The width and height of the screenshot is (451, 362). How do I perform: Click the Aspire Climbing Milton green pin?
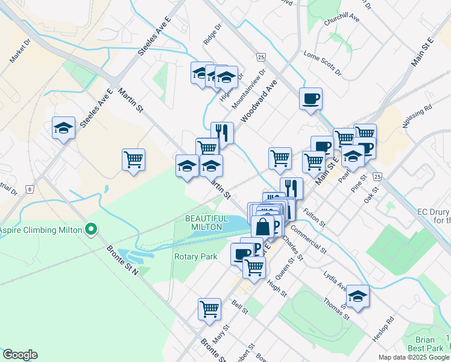click(91, 229)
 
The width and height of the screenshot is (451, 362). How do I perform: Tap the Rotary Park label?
click(195, 256)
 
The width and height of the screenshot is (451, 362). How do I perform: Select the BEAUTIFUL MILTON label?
click(206, 222)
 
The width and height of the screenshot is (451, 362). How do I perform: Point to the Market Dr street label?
click(19, 52)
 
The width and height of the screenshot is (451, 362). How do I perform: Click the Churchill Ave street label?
click(341, 21)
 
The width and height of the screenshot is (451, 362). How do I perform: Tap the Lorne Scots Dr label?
click(322, 63)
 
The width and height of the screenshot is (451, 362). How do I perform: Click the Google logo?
click(20, 355)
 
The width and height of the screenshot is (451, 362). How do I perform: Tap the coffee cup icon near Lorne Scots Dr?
click(311, 99)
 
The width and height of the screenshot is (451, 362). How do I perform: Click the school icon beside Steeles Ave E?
click(63, 128)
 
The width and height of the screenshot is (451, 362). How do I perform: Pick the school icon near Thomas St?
click(357, 296)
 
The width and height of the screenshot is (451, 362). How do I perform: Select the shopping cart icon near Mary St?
click(209, 308)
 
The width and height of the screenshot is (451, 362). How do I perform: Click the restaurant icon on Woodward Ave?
click(222, 133)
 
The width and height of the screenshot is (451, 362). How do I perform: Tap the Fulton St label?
click(314, 217)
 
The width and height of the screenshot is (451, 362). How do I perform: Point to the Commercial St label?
click(309, 238)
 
